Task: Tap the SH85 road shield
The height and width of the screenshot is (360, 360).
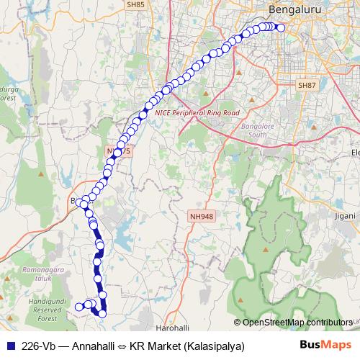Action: pyautogui.click(x=135, y=4)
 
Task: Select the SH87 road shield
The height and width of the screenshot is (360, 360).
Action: pyautogui.click(x=307, y=85)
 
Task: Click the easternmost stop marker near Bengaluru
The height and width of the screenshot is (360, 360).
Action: pyautogui.click(x=281, y=27)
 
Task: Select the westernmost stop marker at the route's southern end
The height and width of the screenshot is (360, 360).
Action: pyautogui.click(x=79, y=307)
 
